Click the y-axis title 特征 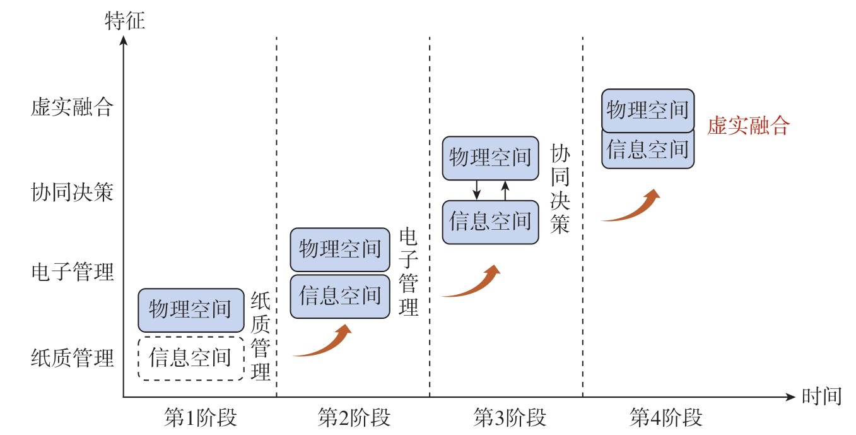[x=124, y=21]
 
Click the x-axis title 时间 [x=821, y=396]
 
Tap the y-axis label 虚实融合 [x=72, y=107]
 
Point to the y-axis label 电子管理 [x=72, y=273]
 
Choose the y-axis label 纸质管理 [x=72, y=358]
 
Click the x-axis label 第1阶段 [x=200, y=418]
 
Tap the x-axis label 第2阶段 [x=354, y=418]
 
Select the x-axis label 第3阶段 [x=509, y=418]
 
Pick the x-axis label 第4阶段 [x=665, y=418]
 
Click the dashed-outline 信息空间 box [x=191, y=358]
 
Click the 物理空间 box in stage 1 [x=191, y=310]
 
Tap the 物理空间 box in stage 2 [x=340, y=249]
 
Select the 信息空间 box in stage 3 [x=490, y=222]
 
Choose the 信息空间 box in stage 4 [x=648, y=150]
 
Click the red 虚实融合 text [x=748, y=126]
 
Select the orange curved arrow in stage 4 [x=631, y=206]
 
